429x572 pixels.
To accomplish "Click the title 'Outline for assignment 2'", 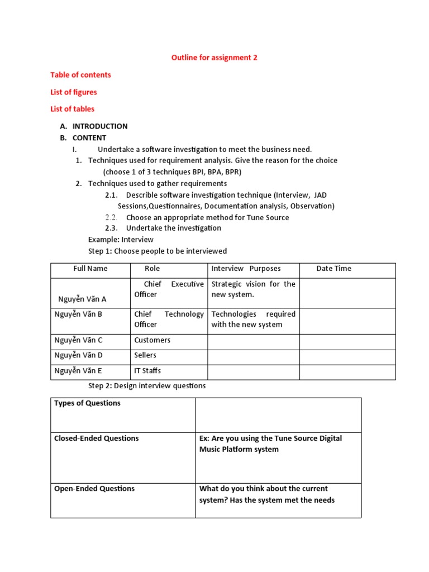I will [x=214, y=58].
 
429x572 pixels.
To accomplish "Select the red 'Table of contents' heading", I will [x=80, y=75].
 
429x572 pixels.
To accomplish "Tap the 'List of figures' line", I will [x=73, y=92].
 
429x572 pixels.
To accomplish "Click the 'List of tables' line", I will [x=72, y=109].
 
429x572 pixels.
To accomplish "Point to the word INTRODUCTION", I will [x=99, y=126].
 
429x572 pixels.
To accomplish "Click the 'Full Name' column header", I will [x=90, y=269].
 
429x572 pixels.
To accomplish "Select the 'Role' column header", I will [x=152, y=269].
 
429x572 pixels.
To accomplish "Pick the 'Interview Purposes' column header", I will [x=246, y=269].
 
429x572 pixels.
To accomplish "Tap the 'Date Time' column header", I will [x=333, y=269].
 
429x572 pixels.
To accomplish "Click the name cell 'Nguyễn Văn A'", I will [x=82, y=299].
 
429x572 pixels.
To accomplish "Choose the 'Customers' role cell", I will [x=152, y=340].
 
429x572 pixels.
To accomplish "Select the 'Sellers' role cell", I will [x=145, y=355].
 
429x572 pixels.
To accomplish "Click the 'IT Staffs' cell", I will [x=147, y=370].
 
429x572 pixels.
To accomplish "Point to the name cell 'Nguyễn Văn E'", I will [x=78, y=370].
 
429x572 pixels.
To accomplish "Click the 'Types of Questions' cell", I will [x=87, y=403].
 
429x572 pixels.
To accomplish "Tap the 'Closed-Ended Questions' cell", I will [x=96, y=438].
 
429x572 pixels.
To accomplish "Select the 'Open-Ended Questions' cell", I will [x=94, y=489].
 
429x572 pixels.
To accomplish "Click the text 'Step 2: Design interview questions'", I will [x=147, y=386].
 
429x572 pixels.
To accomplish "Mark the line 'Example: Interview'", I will [x=121, y=240].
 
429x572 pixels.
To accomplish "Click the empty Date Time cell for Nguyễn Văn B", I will [x=347, y=319].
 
